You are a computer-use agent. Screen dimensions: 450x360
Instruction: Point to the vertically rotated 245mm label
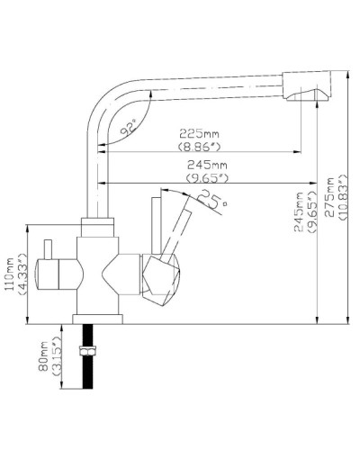[298, 214]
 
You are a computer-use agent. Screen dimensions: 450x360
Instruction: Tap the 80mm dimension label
[40, 360]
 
